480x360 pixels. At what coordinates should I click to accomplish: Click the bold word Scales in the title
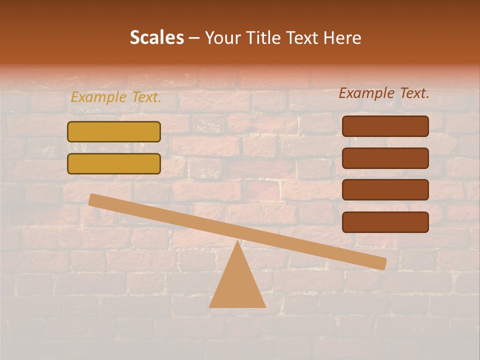(156, 37)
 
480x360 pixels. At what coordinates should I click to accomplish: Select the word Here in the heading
(342, 37)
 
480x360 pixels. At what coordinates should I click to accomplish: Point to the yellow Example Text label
(116, 97)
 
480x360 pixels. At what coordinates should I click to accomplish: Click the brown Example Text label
(384, 93)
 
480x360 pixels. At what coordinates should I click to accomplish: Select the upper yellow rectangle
(114, 132)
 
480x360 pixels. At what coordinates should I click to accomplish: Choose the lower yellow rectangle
(114, 163)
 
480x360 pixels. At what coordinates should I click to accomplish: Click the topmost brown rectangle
(385, 126)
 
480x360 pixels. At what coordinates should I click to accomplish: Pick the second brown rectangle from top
(385, 158)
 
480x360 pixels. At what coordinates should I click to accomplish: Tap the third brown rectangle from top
(385, 189)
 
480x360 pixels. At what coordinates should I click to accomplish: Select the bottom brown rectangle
(385, 222)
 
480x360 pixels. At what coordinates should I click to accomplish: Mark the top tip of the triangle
(237, 241)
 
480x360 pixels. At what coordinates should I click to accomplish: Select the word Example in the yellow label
(99, 97)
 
